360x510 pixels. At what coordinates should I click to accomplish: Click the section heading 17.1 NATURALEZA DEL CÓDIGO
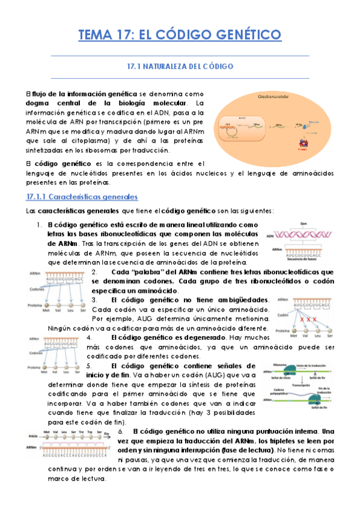coord(180,67)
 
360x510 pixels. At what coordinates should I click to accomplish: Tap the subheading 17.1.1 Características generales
coord(83,197)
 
